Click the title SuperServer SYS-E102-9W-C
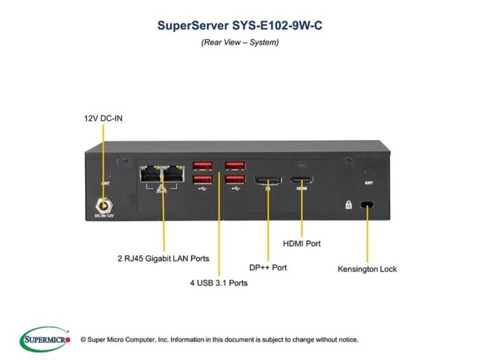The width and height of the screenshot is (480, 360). (240, 25)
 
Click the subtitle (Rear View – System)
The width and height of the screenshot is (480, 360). (240, 43)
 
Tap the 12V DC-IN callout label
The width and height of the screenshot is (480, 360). (103, 118)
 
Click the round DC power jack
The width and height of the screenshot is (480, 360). (104, 206)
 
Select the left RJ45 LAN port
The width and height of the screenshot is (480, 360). (151, 174)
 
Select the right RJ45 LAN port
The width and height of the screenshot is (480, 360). (173, 174)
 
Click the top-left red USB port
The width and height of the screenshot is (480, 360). (203, 166)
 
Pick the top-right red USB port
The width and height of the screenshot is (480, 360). (235, 166)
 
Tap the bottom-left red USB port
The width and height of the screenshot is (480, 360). (203, 180)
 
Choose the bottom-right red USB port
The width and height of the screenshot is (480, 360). (235, 180)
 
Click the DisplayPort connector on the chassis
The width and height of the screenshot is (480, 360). (268, 180)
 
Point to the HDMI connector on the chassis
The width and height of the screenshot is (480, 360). (302, 180)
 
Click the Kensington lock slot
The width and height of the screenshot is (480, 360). (367, 204)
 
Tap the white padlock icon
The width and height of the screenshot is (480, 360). (348, 205)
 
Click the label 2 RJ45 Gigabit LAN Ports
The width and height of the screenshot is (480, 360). (163, 259)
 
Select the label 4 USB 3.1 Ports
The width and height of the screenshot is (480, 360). (219, 283)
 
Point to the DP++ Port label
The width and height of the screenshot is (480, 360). (268, 267)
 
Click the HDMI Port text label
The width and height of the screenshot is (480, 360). (302, 243)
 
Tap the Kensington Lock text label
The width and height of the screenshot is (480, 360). (368, 269)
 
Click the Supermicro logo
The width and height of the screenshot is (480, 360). (45, 339)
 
